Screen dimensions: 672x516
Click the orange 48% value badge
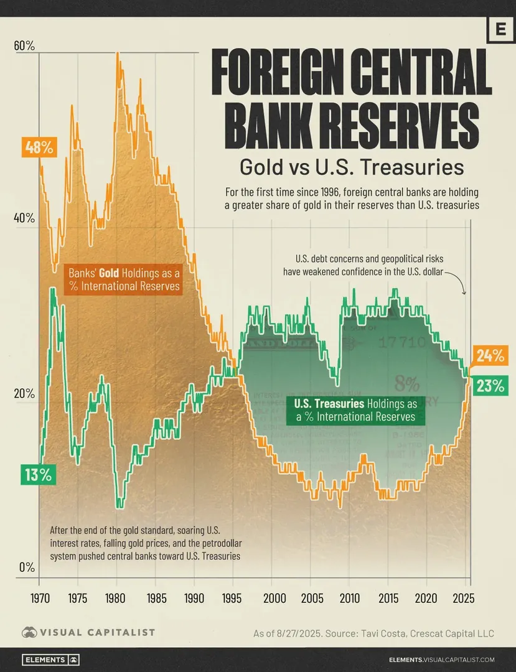click(39, 147)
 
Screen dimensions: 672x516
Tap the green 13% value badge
click(38, 475)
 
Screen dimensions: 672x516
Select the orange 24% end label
click(490, 355)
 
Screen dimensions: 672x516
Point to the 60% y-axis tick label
click(24, 45)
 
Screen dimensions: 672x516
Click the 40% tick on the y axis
click(24, 218)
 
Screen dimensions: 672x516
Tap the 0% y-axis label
click(27, 567)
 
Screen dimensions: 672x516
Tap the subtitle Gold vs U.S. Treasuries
click(352, 167)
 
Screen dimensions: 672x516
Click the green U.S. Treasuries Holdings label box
click(355, 410)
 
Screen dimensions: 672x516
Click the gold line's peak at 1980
click(117, 54)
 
